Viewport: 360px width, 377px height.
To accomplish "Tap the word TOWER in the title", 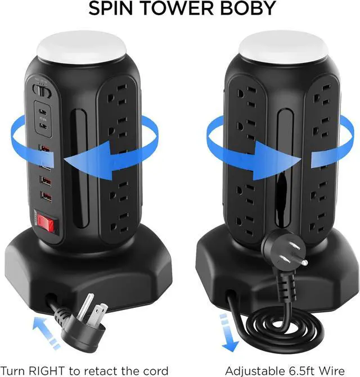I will pos(178,9).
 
